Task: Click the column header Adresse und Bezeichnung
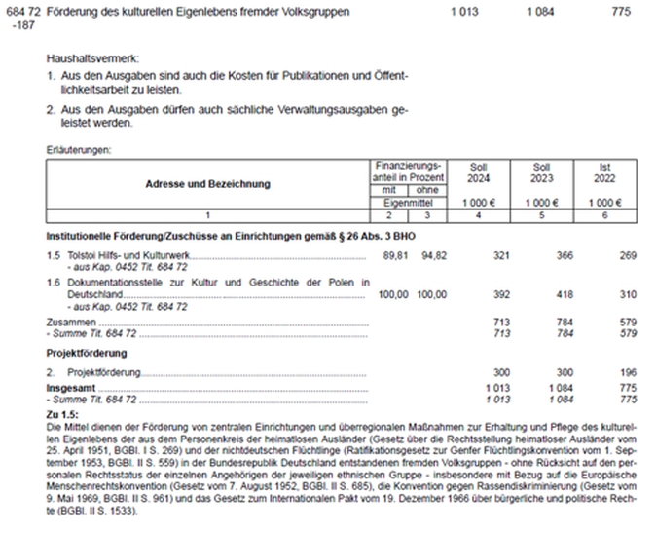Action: (208, 183)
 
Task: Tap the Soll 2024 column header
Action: (478, 172)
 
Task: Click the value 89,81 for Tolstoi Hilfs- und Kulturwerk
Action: (392, 254)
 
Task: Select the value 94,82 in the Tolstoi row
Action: (433, 254)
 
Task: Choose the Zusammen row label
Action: (71, 321)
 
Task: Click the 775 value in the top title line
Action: (621, 11)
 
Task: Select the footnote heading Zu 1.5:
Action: (67, 416)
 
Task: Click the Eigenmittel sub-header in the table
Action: (411, 202)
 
